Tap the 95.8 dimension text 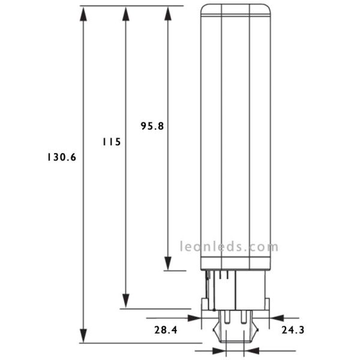pyautogui.click(x=152, y=126)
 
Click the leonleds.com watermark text pyautogui.click(x=229, y=246)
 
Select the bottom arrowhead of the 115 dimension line pyautogui.click(x=125, y=301)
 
